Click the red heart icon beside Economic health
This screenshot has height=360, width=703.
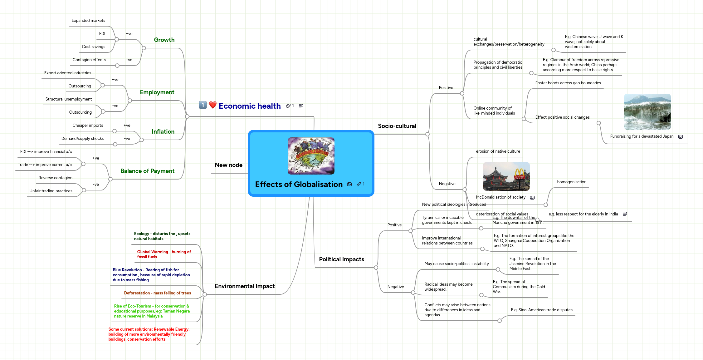point(213,105)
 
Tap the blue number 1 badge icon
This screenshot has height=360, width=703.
point(203,105)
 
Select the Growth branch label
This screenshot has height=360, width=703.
point(164,40)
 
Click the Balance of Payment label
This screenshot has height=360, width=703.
point(147,171)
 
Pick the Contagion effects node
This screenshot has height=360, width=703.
point(89,60)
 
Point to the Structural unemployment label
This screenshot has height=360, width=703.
point(69,99)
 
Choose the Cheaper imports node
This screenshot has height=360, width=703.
point(88,126)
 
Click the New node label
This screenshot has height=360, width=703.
point(228,165)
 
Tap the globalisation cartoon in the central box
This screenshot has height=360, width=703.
point(311,156)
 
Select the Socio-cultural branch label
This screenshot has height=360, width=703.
point(397,126)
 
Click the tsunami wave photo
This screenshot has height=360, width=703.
point(647,111)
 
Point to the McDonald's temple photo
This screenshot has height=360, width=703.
point(506,176)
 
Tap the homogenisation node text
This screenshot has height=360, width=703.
point(572,182)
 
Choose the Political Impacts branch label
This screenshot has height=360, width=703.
point(341,259)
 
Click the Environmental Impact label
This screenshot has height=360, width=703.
point(245,286)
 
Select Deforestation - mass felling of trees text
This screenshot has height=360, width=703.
point(157,293)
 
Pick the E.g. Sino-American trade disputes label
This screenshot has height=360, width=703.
point(542,310)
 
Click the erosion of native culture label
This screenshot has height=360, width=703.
point(498,151)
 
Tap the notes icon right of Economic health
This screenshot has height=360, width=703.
point(301,106)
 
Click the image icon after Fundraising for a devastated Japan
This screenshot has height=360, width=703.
point(681,137)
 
